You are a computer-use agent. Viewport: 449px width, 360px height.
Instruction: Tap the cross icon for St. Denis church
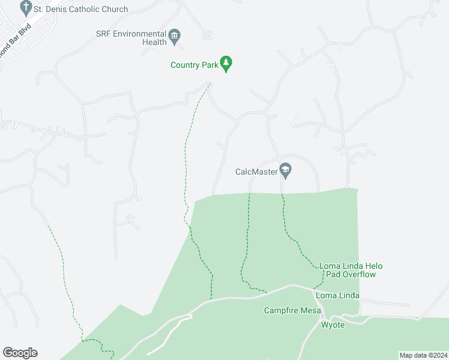26,8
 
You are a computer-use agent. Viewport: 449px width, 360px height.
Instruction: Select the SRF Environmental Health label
131,38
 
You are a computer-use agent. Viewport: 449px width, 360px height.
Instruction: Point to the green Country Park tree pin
226,63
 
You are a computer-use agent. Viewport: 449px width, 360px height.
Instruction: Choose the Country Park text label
194,65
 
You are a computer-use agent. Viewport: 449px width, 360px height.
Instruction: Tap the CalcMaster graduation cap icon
285,170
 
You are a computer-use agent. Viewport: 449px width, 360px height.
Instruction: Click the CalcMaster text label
256,172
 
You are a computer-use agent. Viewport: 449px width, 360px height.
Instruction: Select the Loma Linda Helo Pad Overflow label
351,270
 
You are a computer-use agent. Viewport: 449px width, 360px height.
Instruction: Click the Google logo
20,353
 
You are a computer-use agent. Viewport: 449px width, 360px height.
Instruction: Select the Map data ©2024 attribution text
423,355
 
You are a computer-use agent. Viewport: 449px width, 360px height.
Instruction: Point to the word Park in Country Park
208,65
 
